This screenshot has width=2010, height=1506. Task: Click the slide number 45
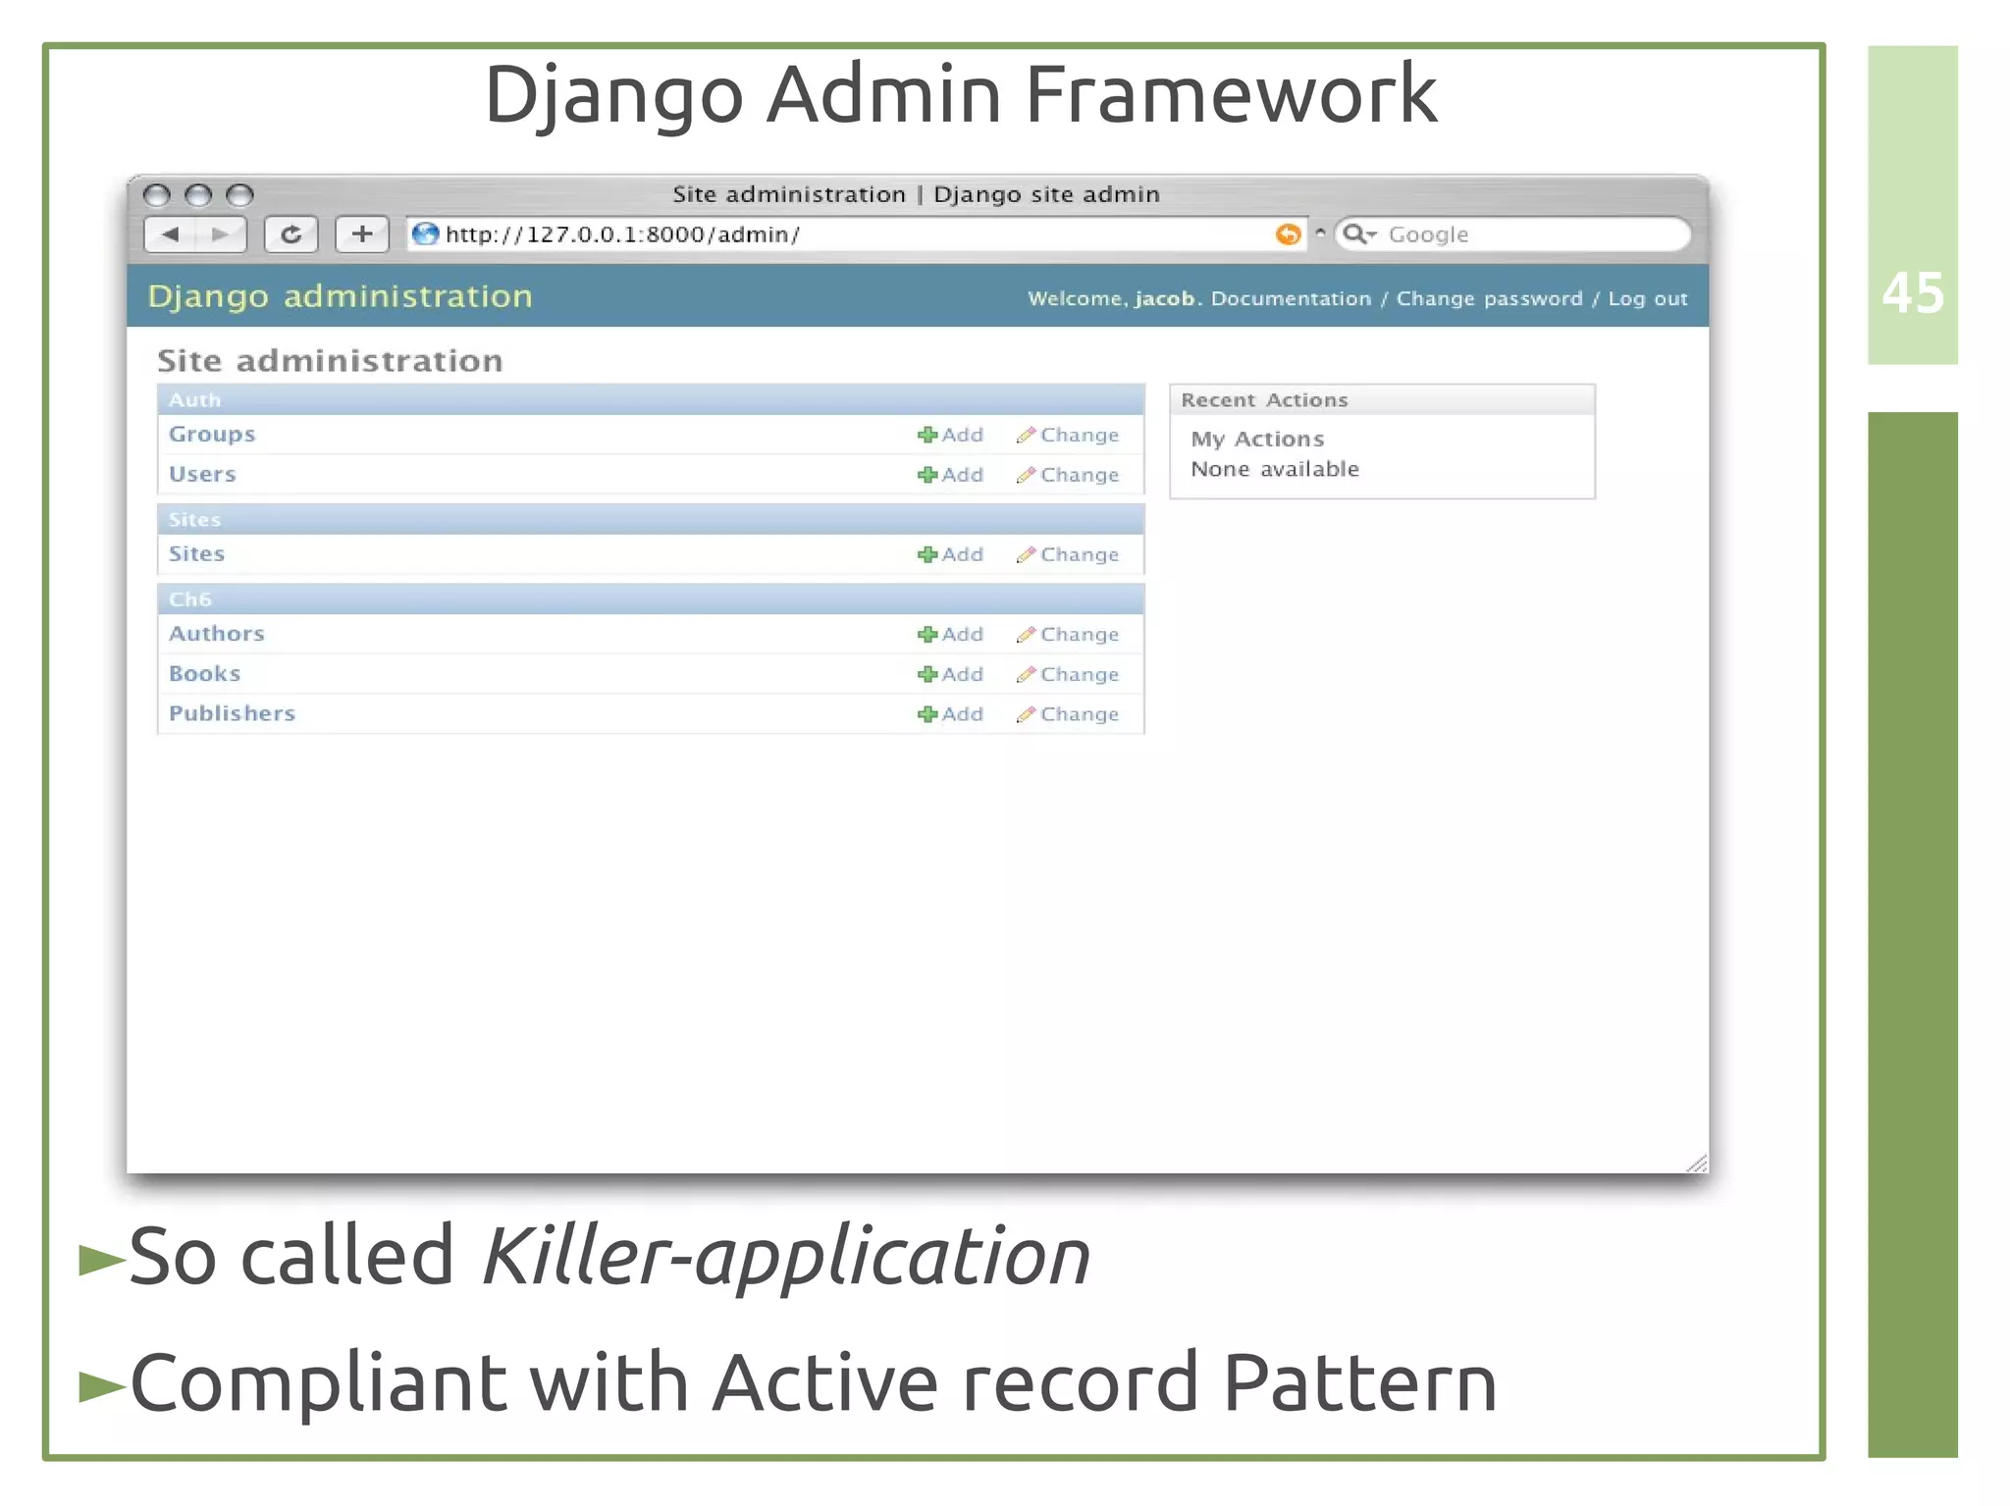[1912, 293]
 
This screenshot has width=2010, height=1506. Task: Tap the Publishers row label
[232, 713]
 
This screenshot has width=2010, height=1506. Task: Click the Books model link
[204, 673]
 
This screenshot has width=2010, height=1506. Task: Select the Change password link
[1489, 298]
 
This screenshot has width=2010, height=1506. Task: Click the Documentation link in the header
[1291, 298]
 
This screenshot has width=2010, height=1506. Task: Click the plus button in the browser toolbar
[362, 234]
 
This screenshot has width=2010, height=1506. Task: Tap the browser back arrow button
[171, 234]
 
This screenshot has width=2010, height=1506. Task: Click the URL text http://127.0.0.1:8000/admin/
[622, 234]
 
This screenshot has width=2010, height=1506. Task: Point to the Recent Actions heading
[1264, 400]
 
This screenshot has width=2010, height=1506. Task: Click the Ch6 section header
[190, 599]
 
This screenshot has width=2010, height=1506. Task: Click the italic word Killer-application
[785, 1257]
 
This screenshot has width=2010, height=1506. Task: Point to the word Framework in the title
[1231, 94]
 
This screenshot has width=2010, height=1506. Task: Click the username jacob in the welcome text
[1165, 298]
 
